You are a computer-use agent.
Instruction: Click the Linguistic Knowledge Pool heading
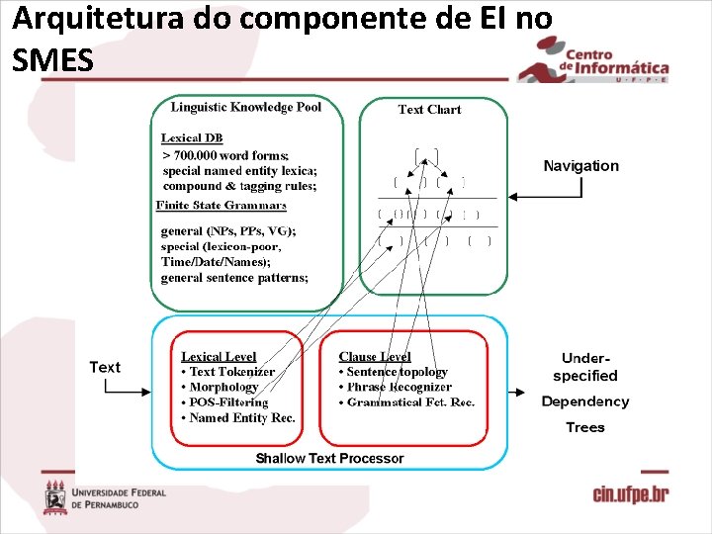(245, 107)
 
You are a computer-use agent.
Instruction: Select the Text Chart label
(429, 110)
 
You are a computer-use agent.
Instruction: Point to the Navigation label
(581, 166)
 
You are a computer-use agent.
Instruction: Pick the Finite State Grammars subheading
(222, 206)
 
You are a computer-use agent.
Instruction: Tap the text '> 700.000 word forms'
(226, 155)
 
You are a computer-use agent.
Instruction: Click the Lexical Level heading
(219, 356)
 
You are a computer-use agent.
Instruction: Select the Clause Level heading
(375, 356)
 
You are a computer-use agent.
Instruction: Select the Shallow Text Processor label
(329, 458)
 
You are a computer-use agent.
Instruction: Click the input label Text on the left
(105, 367)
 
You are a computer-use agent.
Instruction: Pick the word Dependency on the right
(584, 401)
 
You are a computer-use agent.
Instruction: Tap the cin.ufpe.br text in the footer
(630, 494)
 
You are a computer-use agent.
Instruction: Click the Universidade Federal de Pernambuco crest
(55, 496)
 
